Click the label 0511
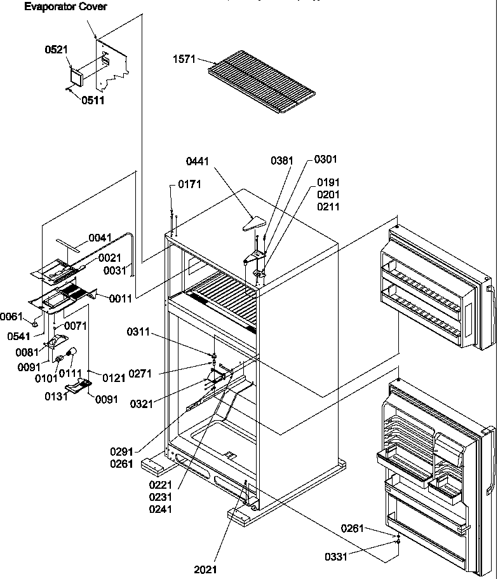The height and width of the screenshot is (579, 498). [92, 100]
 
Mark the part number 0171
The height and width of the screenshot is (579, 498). [189, 185]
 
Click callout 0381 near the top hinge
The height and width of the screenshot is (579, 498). [281, 161]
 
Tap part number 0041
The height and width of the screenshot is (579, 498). [100, 238]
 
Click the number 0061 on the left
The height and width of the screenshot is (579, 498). [11, 316]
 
